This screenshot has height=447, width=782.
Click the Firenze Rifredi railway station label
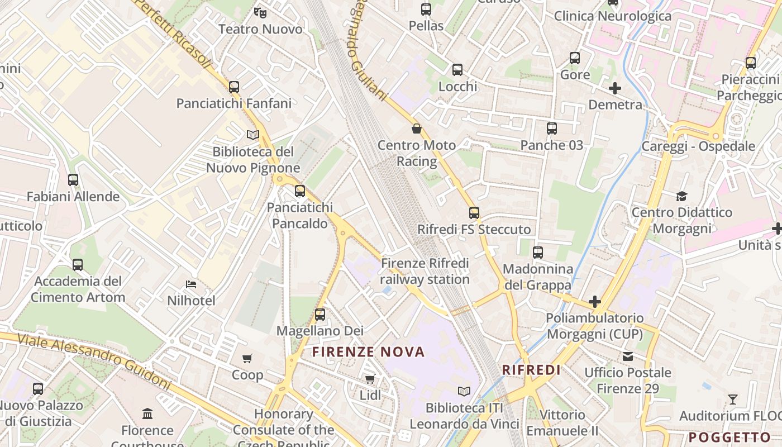point(425,271)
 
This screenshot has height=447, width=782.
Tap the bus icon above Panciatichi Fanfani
point(234,87)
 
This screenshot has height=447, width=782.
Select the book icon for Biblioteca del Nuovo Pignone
point(253,135)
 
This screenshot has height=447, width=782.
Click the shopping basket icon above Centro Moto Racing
point(417,129)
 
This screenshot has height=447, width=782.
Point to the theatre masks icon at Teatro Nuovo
point(260,12)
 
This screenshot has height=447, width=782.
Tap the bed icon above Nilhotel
point(191,284)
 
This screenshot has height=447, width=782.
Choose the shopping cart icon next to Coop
point(247,358)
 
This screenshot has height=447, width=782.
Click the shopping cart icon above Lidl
point(370,379)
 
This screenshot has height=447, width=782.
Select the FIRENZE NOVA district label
point(369,352)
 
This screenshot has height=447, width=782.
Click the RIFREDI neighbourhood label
point(531,370)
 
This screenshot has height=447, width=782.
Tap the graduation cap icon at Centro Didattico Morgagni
point(681,196)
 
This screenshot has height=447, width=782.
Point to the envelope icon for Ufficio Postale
point(628,356)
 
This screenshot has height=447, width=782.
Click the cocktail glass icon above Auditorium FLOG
point(733,400)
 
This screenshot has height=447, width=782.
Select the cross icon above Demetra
point(615,88)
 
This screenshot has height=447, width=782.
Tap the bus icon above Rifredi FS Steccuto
point(474,213)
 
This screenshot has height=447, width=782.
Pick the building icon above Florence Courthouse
point(147,414)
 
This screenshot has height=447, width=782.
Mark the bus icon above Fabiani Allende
point(73,180)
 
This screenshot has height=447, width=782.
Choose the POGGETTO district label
point(729,437)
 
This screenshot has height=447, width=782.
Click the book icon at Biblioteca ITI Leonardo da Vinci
point(464,391)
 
